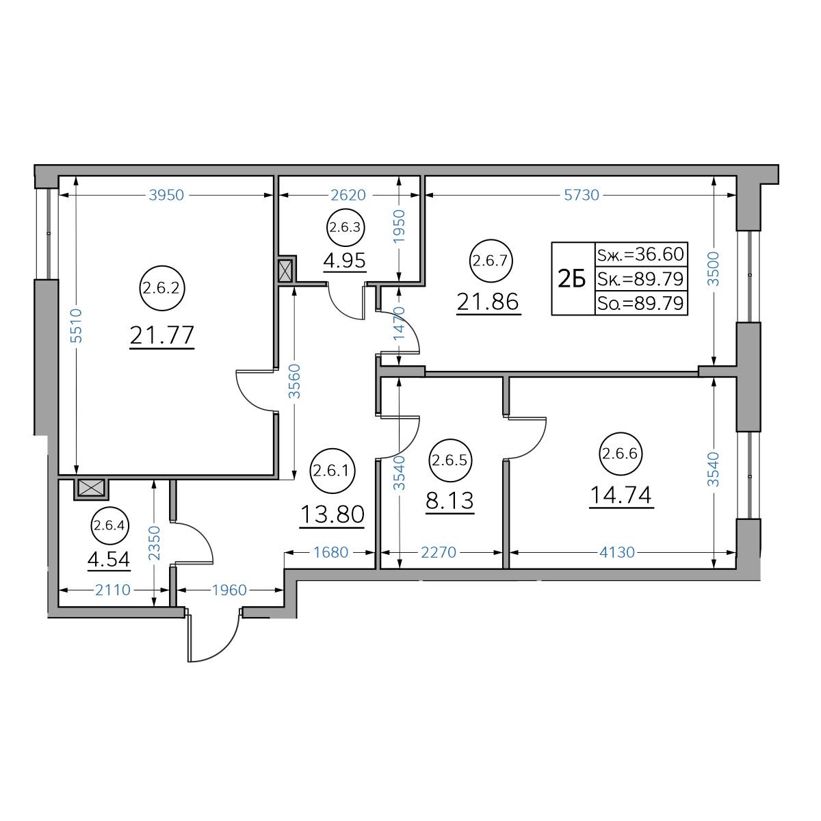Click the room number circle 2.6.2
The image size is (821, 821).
[162, 289]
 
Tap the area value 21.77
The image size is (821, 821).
[162, 335]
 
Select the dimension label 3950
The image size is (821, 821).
[166, 195]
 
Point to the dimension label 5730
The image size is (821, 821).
[581, 195]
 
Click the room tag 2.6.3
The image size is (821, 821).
[346, 228]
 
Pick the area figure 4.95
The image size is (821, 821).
[345, 260]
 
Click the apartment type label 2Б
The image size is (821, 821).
[572, 279]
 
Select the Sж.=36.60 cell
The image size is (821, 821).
[641, 255]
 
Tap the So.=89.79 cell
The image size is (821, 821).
[641, 303]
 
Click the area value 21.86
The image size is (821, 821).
[488, 302]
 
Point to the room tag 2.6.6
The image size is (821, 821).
[621, 454]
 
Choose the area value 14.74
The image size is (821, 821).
[621, 495]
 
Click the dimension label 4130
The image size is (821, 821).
[617, 553]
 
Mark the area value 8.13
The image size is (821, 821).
[450, 501]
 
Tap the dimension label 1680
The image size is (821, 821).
[331, 553]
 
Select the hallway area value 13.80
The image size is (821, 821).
[333, 514]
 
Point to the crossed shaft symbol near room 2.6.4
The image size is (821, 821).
[91, 488]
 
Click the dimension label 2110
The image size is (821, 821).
[112, 590]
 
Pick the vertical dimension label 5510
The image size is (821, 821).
[76, 326]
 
